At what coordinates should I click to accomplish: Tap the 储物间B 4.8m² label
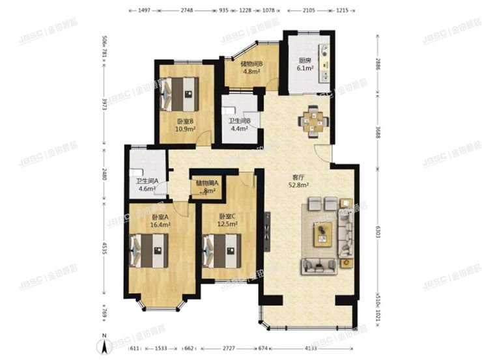[251, 68]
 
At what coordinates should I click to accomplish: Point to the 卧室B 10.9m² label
[184, 125]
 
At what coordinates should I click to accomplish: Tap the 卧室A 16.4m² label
[160, 220]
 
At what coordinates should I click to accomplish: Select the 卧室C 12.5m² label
[227, 220]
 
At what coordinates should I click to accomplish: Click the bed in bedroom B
[180, 94]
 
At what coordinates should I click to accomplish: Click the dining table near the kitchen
[311, 120]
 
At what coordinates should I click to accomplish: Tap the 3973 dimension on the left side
[104, 105]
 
